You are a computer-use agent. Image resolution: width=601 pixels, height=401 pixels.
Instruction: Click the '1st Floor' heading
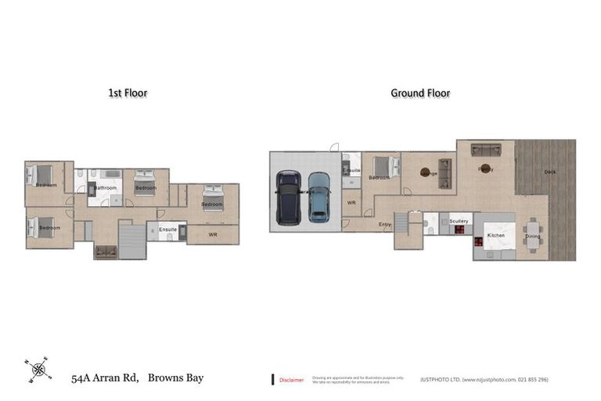pyautogui.click(x=128, y=93)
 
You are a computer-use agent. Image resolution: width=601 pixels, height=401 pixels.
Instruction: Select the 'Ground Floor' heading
pyautogui.click(x=420, y=93)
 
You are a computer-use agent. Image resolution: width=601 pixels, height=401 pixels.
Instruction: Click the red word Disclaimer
pyautogui.click(x=292, y=380)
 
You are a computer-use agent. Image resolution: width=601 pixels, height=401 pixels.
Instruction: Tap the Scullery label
pyautogui.click(x=459, y=222)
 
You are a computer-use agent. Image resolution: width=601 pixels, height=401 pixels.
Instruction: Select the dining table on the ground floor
pyautogui.click(x=533, y=236)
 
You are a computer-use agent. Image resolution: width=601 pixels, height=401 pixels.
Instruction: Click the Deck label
pyautogui.click(x=550, y=172)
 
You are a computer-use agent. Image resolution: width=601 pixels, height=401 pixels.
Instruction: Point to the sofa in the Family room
pyautogui.click(x=485, y=150)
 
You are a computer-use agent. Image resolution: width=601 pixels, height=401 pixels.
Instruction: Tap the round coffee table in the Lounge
pyautogui.click(x=426, y=172)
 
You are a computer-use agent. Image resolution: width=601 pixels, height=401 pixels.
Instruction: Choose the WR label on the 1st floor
pyautogui.click(x=212, y=235)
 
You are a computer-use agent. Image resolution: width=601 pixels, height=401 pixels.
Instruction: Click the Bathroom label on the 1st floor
pyautogui.click(x=106, y=188)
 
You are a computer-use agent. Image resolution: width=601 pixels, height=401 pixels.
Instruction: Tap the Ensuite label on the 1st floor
pyautogui.click(x=167, y=229)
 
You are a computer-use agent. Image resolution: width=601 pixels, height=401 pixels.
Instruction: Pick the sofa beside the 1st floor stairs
pyautogui.click(x=106, y=251)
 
